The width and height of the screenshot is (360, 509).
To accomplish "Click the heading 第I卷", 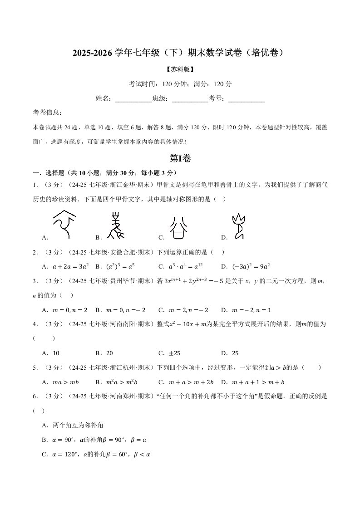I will pos(180,158).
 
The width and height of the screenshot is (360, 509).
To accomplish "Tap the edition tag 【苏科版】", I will pos(180,69).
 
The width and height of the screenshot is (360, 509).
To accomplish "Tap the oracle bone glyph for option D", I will pos(238,226).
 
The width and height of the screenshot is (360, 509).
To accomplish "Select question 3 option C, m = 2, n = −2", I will pos(188,310).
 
